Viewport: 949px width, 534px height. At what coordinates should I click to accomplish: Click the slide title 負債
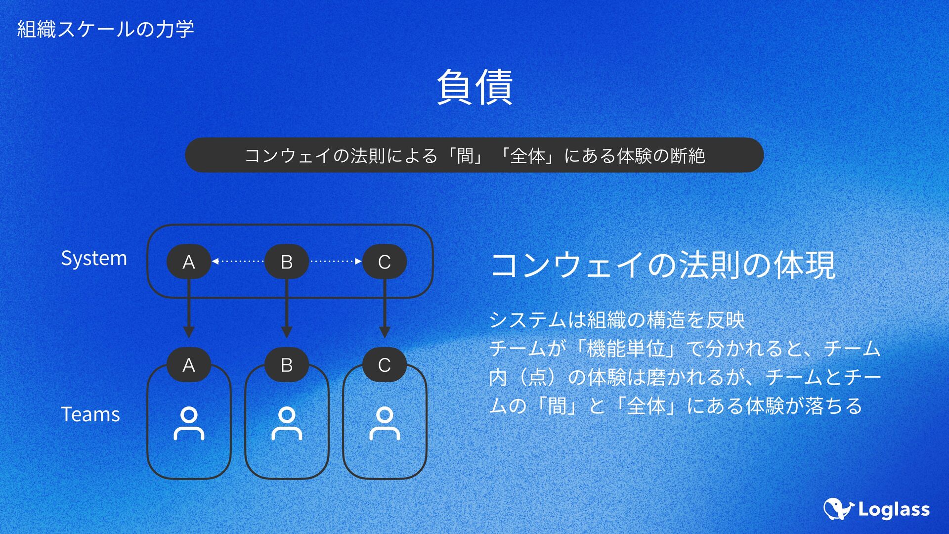[474, 87]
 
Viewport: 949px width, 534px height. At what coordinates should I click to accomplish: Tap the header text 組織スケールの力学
[105, 29]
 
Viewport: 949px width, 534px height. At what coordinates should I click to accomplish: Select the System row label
[94, 258]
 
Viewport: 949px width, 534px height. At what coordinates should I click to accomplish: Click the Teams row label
[90, 414]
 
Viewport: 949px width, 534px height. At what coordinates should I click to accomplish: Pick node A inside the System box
[189, 262]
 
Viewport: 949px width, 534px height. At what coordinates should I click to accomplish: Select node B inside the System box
[287, 262]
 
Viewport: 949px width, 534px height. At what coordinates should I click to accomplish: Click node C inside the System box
[385, 262]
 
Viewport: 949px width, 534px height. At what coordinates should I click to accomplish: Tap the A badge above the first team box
[189, 365]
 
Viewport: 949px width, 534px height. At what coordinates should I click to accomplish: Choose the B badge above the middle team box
[287, 365]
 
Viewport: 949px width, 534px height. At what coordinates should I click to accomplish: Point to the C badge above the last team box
[385, 365]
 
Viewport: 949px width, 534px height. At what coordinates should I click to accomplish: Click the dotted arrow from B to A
[238, 261]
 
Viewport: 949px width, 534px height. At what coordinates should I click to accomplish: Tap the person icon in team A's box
[189, 423]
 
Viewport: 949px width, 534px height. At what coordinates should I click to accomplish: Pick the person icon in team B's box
[287, 423]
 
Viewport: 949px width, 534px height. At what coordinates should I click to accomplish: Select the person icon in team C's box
[385, 423]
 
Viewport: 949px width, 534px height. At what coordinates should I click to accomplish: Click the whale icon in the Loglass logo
[838, 509]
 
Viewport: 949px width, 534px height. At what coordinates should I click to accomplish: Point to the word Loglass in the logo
[894, 510]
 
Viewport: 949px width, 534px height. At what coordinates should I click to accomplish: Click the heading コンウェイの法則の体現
[662, 265]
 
